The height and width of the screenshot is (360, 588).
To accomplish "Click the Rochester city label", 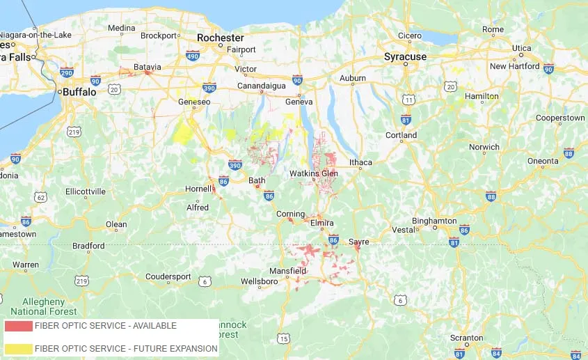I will click(x=220, y=38).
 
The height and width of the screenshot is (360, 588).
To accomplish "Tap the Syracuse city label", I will click(x=405, y=56).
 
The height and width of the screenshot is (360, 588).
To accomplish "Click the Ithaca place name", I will click(x=361, y=162).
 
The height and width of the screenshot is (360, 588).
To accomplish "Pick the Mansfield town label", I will click(x=289, y=270).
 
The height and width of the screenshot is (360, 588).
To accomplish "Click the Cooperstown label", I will click(x=560, y=118).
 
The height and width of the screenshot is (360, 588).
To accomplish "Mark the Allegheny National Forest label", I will click(x=38, y=306).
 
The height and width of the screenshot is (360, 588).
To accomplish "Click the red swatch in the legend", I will click(x=18, y=326).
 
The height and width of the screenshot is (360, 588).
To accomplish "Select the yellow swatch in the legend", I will click(x=18, y=348).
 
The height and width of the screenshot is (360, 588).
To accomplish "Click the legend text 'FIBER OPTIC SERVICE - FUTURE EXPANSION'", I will click(x=126, y=348).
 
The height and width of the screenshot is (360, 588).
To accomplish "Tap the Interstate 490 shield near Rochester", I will click(x=193, y=54).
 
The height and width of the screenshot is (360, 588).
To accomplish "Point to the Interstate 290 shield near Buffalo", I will click(x=67, y=72).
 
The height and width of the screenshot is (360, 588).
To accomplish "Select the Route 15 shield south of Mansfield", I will click(x=283, y=338).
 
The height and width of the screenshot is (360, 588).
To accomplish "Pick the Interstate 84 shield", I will click(x=496, y=354).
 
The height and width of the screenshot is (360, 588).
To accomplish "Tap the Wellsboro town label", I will click(x=259, y=281).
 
